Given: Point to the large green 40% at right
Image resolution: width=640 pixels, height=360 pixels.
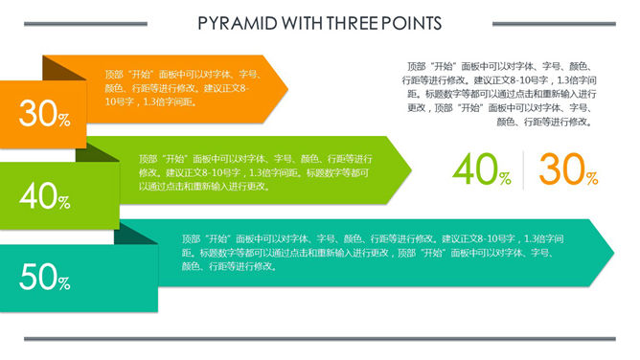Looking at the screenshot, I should pos(482,170).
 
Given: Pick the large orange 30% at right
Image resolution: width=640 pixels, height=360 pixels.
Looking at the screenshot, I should pos(568,170).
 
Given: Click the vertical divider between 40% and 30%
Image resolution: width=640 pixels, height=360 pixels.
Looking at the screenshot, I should pos(524,170).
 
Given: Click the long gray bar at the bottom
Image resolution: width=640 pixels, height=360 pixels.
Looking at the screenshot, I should pos(319,338).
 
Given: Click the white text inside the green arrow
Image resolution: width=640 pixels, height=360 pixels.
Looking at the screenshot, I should pos(254,172).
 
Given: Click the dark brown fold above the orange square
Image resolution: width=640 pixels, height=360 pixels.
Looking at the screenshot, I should pos(59,73).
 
